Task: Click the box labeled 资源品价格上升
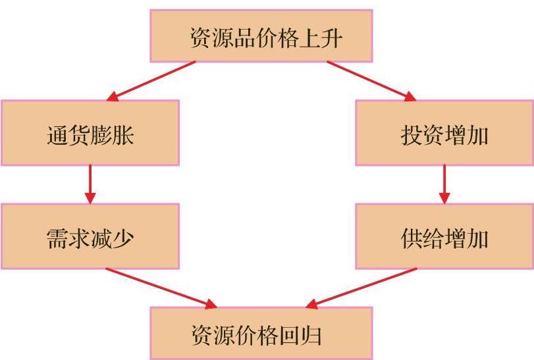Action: pos(261,36)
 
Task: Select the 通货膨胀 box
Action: pos(90,133)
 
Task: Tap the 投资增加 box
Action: pos(444,133)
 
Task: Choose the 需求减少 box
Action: pos(90,236)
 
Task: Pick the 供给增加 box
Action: pos(444,236)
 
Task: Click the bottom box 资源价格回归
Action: pos(261,334)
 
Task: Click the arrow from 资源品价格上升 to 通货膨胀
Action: pos(151,81)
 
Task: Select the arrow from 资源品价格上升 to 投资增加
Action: pos(371,81)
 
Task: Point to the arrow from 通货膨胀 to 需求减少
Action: pos(90,184)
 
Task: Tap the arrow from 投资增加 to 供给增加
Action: pos(444,184)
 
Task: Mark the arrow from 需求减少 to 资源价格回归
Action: pos(161,288)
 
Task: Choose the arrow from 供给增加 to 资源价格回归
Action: pos(361,288)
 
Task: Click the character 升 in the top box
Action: pos(331,38)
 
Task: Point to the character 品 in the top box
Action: pos(244,38)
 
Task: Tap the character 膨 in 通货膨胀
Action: pos(101,135)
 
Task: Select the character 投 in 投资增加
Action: pos(412,135)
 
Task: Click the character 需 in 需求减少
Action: pos(57,238)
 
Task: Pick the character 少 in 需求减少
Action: pos(122,238)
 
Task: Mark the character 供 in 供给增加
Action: pos(412,238)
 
